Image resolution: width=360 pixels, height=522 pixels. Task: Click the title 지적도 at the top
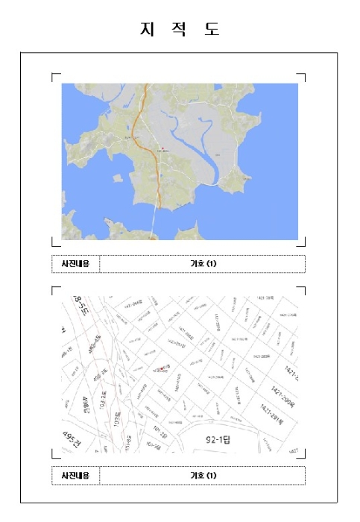(180, 30)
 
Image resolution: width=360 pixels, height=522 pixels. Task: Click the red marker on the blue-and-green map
(160, 146)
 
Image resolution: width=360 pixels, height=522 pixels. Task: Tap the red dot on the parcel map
(157, 368)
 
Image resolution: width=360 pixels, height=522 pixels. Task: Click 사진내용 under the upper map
(75, 264)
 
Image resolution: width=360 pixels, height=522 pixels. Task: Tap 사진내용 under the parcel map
(75, 475)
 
